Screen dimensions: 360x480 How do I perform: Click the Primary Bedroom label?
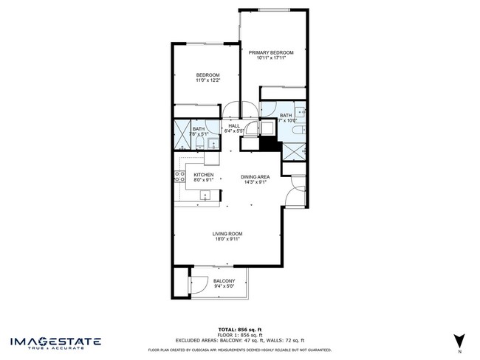271,52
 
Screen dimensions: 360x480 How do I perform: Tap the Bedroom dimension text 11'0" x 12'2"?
208,80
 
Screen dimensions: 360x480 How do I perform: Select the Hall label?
234,126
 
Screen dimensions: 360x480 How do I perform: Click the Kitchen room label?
204,175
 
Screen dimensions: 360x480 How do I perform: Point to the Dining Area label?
255,177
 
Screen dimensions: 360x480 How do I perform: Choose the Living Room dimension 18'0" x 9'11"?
228,239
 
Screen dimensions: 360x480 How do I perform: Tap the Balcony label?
224,281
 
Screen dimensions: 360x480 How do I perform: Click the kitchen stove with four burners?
179,176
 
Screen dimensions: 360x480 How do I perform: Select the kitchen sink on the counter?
206,195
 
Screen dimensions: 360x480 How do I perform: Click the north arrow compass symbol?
461,340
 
